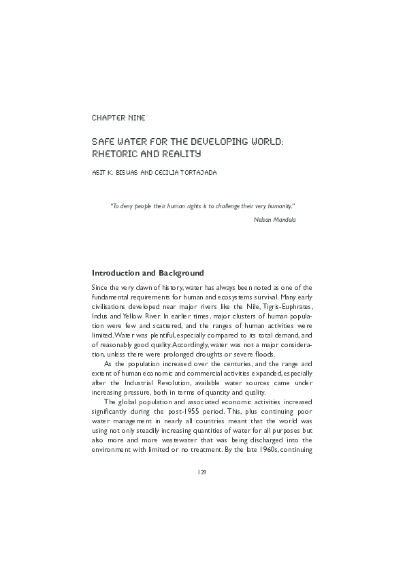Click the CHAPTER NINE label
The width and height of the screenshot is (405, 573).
[x=118, y=118]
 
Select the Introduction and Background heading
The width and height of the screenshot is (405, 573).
[x=148, y=274]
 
